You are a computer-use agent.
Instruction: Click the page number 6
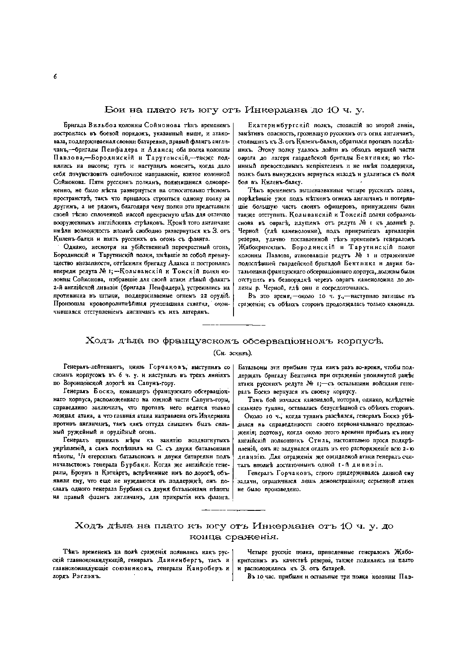56,76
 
